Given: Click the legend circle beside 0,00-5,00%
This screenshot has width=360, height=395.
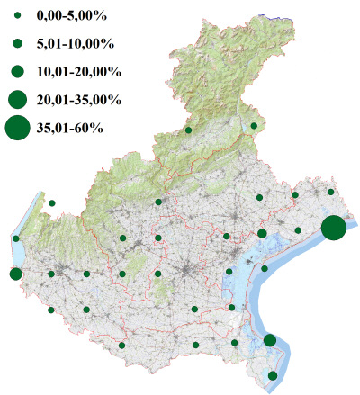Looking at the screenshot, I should (17, 15).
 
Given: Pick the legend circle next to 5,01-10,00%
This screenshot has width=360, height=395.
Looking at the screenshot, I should (17, 43).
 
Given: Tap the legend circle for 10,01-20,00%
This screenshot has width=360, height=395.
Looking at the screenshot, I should (17, 71).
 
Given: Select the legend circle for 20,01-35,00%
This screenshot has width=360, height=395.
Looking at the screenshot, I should (17, 99).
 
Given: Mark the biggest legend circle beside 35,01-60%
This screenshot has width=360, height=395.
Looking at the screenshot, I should (17, 128).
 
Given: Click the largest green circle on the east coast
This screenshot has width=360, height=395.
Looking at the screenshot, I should (333, 229).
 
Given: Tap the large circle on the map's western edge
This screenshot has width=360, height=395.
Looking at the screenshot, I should (15, 274).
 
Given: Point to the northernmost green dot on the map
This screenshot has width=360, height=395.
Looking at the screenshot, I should (255, 126).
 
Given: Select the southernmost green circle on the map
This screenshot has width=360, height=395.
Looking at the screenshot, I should (274, 375).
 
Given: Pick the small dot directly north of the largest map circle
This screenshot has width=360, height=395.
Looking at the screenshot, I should (331, 193).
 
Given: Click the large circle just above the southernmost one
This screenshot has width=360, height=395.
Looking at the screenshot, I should (269, 340).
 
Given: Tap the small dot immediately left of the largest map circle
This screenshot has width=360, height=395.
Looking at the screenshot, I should (298, 230).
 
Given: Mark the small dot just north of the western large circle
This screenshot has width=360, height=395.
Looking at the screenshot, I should (16, 238).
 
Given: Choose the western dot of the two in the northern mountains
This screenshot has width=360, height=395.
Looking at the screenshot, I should (188, 130).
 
